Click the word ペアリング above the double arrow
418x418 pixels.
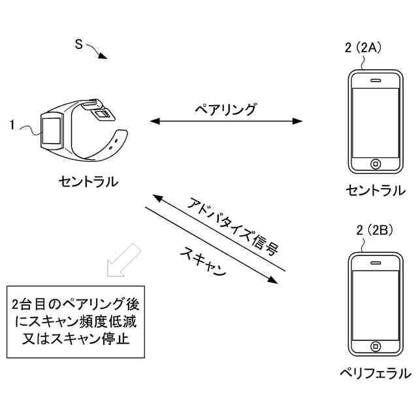click(226, 108)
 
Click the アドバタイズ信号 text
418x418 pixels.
click(233, 224)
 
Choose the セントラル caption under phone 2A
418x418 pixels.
click(376, 191)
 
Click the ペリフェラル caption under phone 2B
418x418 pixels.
click(375, 374)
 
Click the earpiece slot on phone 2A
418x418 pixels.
click(376, 81)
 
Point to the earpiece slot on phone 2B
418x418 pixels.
click(376, 263)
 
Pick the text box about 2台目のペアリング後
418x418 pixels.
click(75, 321)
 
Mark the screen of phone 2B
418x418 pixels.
click(376, 303)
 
